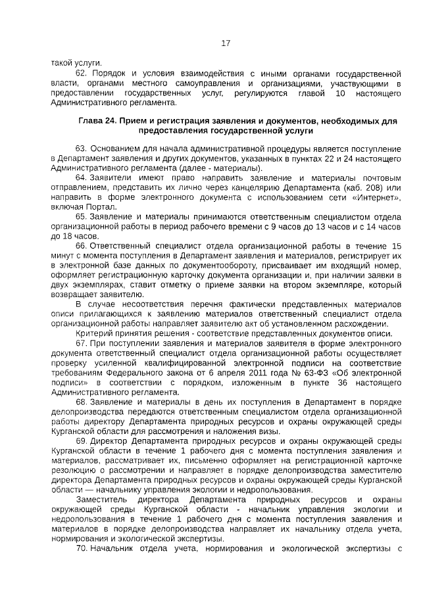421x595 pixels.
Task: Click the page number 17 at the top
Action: (226, 43)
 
